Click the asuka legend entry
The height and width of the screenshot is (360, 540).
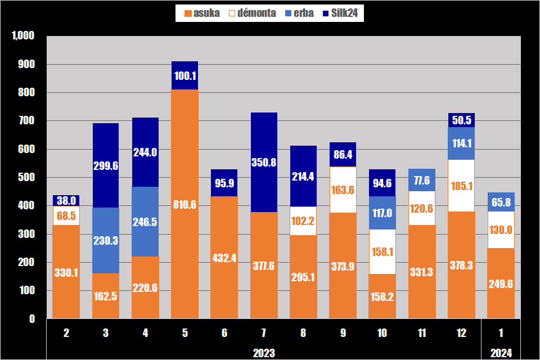click(202, 13)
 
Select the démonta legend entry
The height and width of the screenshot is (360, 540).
click(253, 13)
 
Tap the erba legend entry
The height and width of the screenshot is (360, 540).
click(299, 13)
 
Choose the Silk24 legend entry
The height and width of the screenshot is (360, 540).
click(340, 13)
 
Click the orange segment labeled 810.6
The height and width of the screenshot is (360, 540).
click(185, 204)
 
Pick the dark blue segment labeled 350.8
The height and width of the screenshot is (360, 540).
click(264, 162)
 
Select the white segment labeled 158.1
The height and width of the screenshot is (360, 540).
click(382, 251)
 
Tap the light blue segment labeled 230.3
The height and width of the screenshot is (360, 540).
click(106, 240)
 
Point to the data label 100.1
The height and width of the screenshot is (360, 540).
click(185, 76)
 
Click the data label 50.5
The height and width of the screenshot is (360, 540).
click(461, 120)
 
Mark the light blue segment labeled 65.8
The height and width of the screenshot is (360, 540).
click(501, 202)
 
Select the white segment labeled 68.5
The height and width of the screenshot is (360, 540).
click(66, 215)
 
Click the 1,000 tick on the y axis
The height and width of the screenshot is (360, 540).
click(23, 35)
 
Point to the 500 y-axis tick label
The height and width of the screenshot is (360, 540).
click(26, 177)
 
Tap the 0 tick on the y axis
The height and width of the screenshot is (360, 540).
click(32, 319)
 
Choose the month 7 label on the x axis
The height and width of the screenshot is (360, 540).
click(264, 333)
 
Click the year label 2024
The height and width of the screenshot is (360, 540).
click(501, 353)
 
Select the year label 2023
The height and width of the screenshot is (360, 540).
click(264, 353)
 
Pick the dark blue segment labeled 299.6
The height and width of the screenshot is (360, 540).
click(106, 165)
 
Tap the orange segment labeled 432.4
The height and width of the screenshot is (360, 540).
click(224, 257)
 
